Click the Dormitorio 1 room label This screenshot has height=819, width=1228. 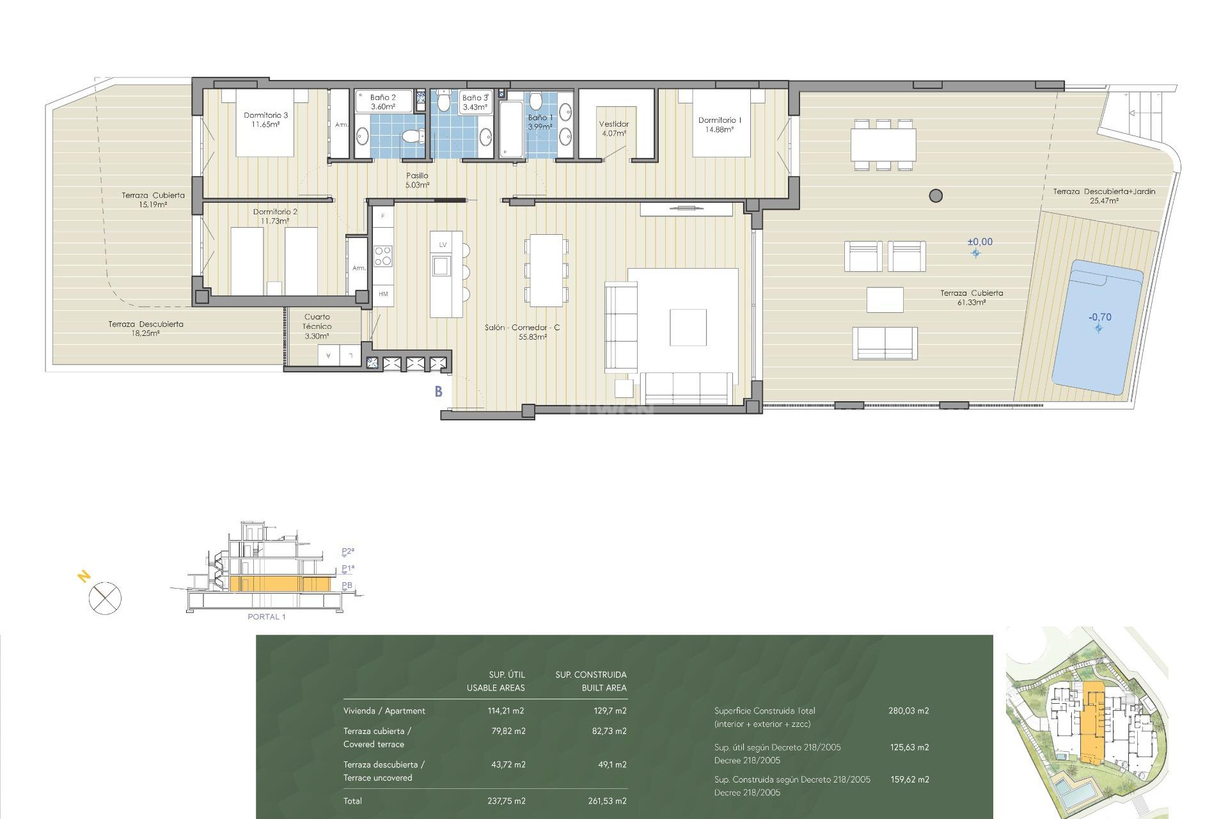720,124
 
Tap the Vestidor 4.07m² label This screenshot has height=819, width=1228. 614,129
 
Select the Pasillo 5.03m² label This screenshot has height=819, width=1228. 417,180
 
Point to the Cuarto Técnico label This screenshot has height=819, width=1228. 317,326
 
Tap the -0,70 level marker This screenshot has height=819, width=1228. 1100,317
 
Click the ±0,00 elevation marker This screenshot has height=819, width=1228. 980,243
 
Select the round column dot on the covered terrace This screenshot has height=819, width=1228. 936,196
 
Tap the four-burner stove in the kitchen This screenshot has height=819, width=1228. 383,256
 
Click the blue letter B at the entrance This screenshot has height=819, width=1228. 439,392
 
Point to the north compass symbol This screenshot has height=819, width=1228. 104,598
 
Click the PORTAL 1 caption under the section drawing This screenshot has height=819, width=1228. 266,617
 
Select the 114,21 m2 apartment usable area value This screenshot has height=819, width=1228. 505,711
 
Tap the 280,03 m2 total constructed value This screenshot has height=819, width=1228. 908,711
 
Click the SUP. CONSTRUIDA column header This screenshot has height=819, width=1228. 591,675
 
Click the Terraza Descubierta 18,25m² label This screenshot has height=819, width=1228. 146,328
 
